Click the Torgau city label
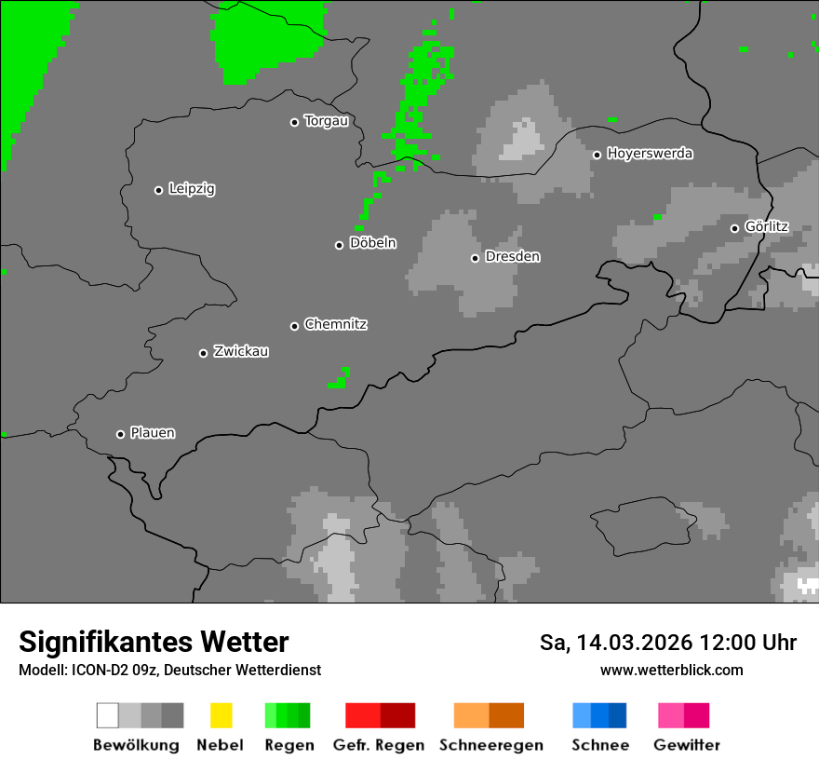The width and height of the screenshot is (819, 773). coord(326,121)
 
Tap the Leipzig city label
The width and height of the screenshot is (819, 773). coord(192,189)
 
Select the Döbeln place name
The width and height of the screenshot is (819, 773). coord(372,243)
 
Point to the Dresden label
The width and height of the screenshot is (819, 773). coord(512,256)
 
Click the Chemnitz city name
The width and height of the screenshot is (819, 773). coord(335,324)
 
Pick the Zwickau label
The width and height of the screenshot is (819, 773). coord(241,351)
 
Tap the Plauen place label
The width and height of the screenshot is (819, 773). coord(153,433)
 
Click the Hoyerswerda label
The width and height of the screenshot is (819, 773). coord(650,154)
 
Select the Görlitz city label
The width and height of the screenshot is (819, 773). coord(766,226)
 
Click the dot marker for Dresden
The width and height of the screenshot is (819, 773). coord(475,258)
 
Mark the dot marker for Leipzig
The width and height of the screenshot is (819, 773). coord(158,190)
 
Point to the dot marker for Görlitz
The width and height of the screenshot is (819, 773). coord(734,228)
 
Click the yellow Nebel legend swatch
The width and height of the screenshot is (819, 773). coord(221,715)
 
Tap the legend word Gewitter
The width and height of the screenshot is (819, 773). coord(686,745)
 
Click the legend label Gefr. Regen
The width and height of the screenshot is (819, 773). coord(379,745)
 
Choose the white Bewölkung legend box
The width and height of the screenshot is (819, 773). coord(108,715)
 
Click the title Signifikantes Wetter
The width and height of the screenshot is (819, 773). coord(154,642)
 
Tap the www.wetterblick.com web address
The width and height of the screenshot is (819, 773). coord(671,670)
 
